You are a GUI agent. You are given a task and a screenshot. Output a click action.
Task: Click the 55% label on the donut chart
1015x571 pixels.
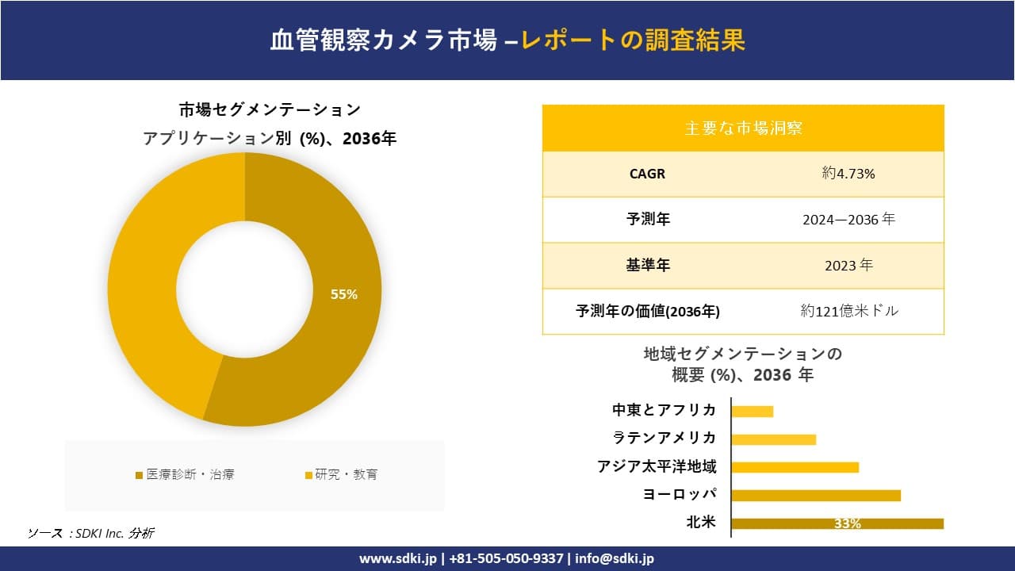(x=343, y=294)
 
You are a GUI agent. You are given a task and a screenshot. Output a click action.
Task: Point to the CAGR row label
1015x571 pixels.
(x=647, y=174)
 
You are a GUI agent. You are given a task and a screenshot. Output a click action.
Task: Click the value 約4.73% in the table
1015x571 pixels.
(x=848, y=174)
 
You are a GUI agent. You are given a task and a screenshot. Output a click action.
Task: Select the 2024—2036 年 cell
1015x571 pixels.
(x=848, y=220)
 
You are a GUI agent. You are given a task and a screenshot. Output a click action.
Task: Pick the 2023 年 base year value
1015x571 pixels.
(x=848, y=266)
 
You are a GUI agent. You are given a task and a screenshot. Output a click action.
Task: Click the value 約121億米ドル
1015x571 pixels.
(x=849, y=311)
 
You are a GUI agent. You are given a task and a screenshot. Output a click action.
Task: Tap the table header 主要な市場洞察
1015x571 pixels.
(x=743, y=128)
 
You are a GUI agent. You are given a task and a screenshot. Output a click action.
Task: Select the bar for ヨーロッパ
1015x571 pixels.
(x=815, y=496)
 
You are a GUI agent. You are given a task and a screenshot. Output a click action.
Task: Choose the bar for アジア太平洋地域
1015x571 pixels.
(x=795, y=467)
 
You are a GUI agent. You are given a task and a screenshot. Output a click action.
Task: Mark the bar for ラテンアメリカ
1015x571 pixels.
(x=773, y=439)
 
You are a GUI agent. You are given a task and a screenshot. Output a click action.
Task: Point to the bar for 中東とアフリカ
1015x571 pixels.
(x=752, y=411)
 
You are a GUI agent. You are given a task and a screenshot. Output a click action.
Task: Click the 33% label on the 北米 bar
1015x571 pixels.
(x=848, y=523)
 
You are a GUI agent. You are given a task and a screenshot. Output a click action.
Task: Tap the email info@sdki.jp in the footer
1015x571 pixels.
(x=614, y=558)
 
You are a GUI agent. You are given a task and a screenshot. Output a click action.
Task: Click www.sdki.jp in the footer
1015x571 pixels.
(x=398, y=558)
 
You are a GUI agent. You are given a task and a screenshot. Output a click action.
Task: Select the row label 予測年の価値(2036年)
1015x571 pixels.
(x=647, y=312)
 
